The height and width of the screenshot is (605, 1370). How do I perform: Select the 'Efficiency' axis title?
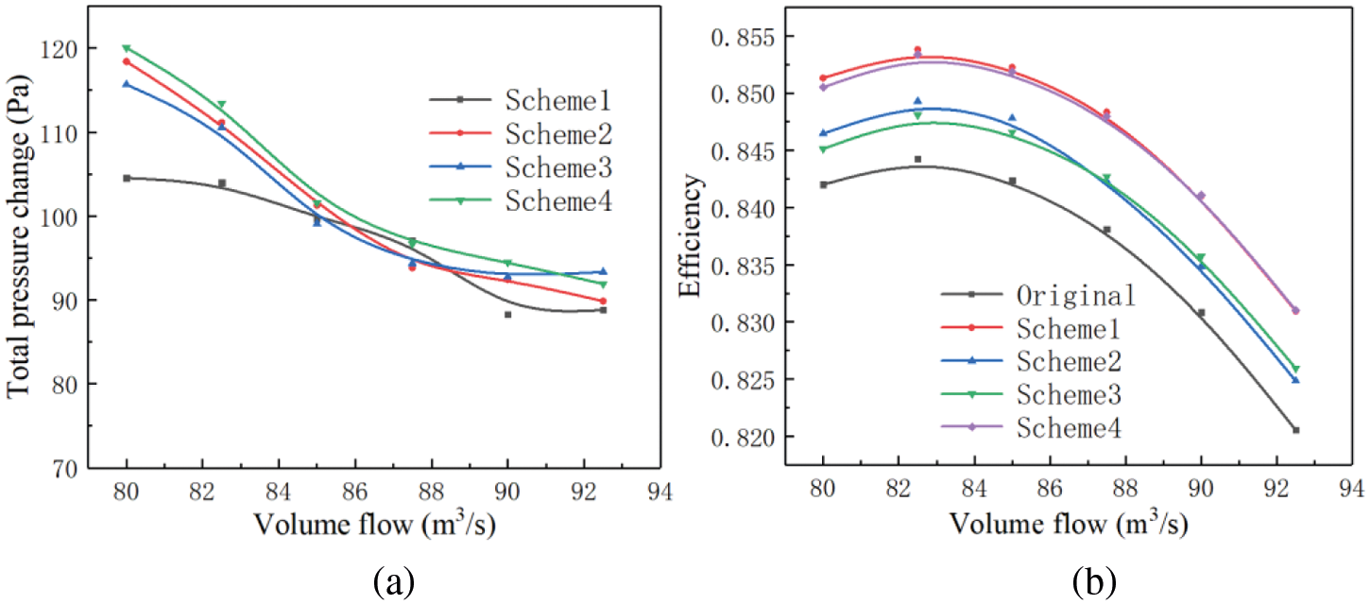pos(694,236)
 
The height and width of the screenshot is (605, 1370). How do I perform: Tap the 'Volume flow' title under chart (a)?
pos(362,523)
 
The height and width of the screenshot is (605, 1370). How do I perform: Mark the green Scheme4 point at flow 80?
pos(127,48)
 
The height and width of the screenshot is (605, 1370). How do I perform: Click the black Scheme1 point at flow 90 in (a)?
pos(507,315)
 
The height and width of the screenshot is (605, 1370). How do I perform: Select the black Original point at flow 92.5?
pos(1295,430)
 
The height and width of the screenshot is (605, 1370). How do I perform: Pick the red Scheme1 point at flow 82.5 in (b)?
pos(917,50)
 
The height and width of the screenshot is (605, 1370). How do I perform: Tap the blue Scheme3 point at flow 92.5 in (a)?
pos(603,272)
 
